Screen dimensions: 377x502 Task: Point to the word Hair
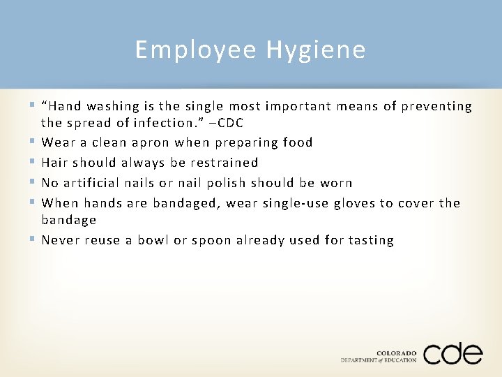coord(55,163)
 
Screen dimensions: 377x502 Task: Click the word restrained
coord(224,163)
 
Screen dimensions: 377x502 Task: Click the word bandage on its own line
coord(68,220)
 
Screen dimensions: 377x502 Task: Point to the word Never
coord(61,240)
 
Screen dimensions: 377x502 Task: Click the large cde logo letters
coord(452,354)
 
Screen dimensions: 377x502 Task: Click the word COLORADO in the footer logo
coord(396,353)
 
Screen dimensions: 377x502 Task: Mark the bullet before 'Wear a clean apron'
coord(35,142)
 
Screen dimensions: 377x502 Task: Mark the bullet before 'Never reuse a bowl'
coord(35,240)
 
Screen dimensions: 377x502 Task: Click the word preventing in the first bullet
coord(437,106)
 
